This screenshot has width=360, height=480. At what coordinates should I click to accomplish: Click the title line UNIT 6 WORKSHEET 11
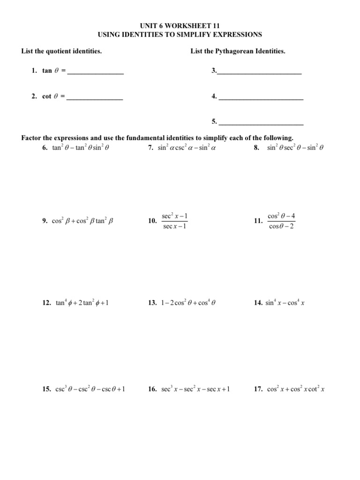coord(180,26)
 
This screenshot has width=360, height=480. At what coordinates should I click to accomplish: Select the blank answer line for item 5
coord(261,122)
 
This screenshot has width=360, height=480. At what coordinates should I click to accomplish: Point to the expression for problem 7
coord(187,148)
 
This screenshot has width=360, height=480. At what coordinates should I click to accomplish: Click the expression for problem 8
coord(296,148)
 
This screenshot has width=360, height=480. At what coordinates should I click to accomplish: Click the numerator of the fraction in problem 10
coord(175,216)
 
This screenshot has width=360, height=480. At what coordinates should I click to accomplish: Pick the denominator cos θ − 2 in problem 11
coord(281,227)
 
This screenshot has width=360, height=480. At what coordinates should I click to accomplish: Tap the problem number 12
coord(46,303)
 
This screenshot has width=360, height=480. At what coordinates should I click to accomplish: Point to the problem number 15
coord(46,389)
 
